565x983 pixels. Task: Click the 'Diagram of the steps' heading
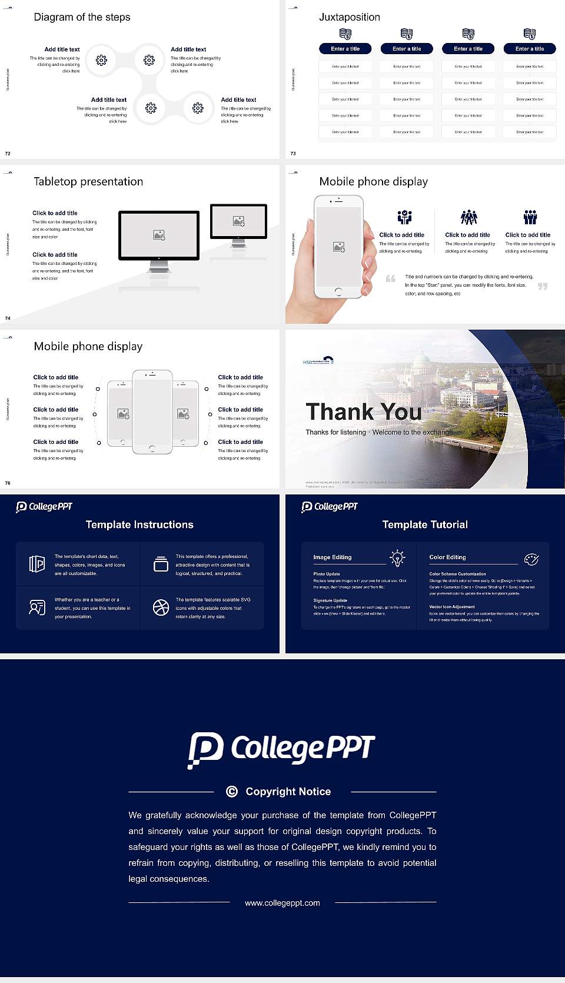coord(82,17)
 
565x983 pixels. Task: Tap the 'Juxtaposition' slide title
coord(349,17)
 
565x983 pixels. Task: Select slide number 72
coord(8,153)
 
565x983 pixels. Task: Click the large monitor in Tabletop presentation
coord(159,235)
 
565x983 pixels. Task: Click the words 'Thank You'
coord(363,412)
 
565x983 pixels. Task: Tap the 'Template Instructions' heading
coord(139,524)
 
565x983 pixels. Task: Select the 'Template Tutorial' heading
coord(425,524)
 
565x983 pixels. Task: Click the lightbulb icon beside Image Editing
coord(397,558)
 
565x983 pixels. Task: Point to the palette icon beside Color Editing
coord(531,559)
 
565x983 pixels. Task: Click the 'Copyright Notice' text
coord(288,792)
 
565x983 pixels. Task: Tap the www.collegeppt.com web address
coord(282,903)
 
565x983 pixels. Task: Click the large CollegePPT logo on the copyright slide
coord(281,749)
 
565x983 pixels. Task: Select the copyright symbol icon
coord(232,792)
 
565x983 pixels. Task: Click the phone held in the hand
coord(338,247)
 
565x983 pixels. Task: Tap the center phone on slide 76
coord(152,412)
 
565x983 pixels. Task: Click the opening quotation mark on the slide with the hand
coord(390,278)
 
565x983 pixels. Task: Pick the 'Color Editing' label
coord(447,557)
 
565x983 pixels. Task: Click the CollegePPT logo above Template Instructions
coord(44,506)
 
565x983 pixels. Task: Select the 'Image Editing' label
coord(332,557)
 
